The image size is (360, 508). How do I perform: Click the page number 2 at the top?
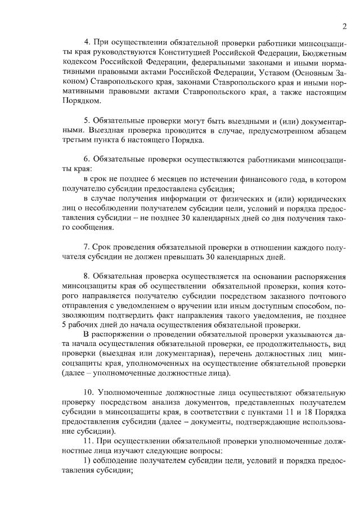(x=343, y=26)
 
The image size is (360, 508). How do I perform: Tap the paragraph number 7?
(x=87, y=247)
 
